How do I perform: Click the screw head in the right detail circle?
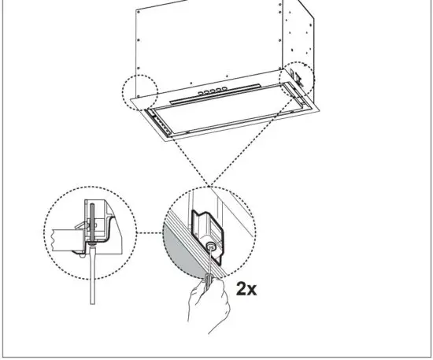coord(213,247)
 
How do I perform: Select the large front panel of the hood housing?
coord(209,47)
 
